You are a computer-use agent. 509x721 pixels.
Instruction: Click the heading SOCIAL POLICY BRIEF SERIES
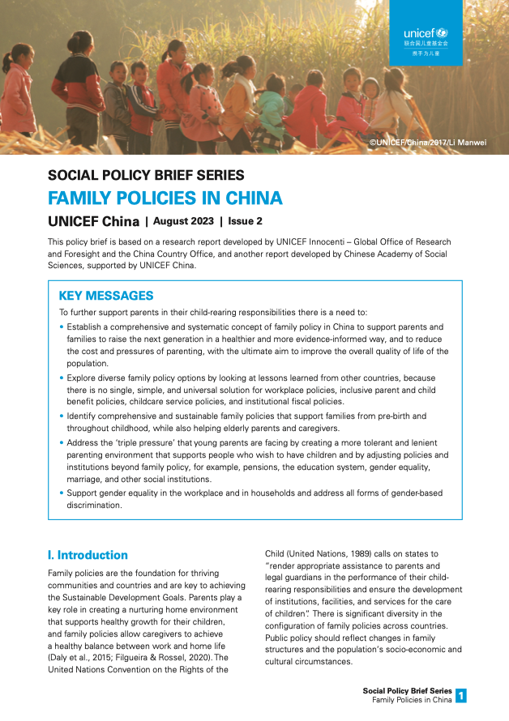tap(147, 175)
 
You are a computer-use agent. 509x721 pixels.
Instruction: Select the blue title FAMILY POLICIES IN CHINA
tap(165, 198)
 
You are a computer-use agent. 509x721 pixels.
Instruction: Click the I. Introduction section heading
tap(88, 555)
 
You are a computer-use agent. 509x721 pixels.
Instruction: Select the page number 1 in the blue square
tap(461, 695)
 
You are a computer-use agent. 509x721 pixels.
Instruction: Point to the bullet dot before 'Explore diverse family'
tap(62, 378)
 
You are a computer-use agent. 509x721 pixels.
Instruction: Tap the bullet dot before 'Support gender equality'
tap(62, 493)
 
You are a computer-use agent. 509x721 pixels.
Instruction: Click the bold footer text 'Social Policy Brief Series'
tap(407, 690)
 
